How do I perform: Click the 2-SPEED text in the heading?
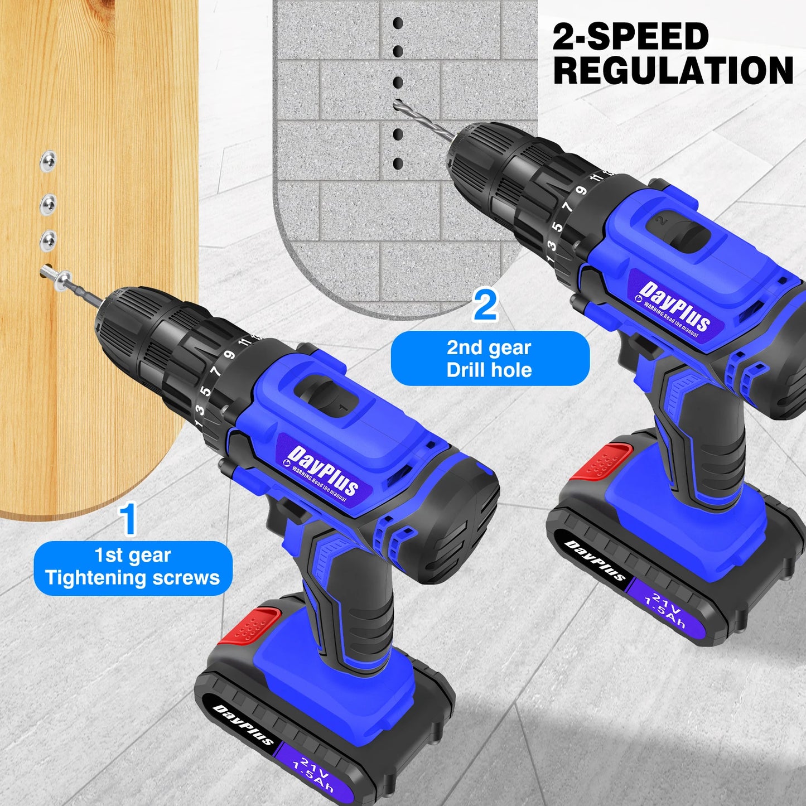630,37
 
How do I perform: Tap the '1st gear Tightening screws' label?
133,567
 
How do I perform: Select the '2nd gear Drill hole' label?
489,359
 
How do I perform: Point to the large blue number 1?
129,519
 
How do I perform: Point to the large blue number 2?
485,306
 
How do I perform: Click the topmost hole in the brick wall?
398,23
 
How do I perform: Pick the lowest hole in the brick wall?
398,164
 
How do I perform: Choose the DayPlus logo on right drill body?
675,307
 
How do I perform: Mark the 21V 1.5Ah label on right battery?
665,610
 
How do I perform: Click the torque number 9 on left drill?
229,355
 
